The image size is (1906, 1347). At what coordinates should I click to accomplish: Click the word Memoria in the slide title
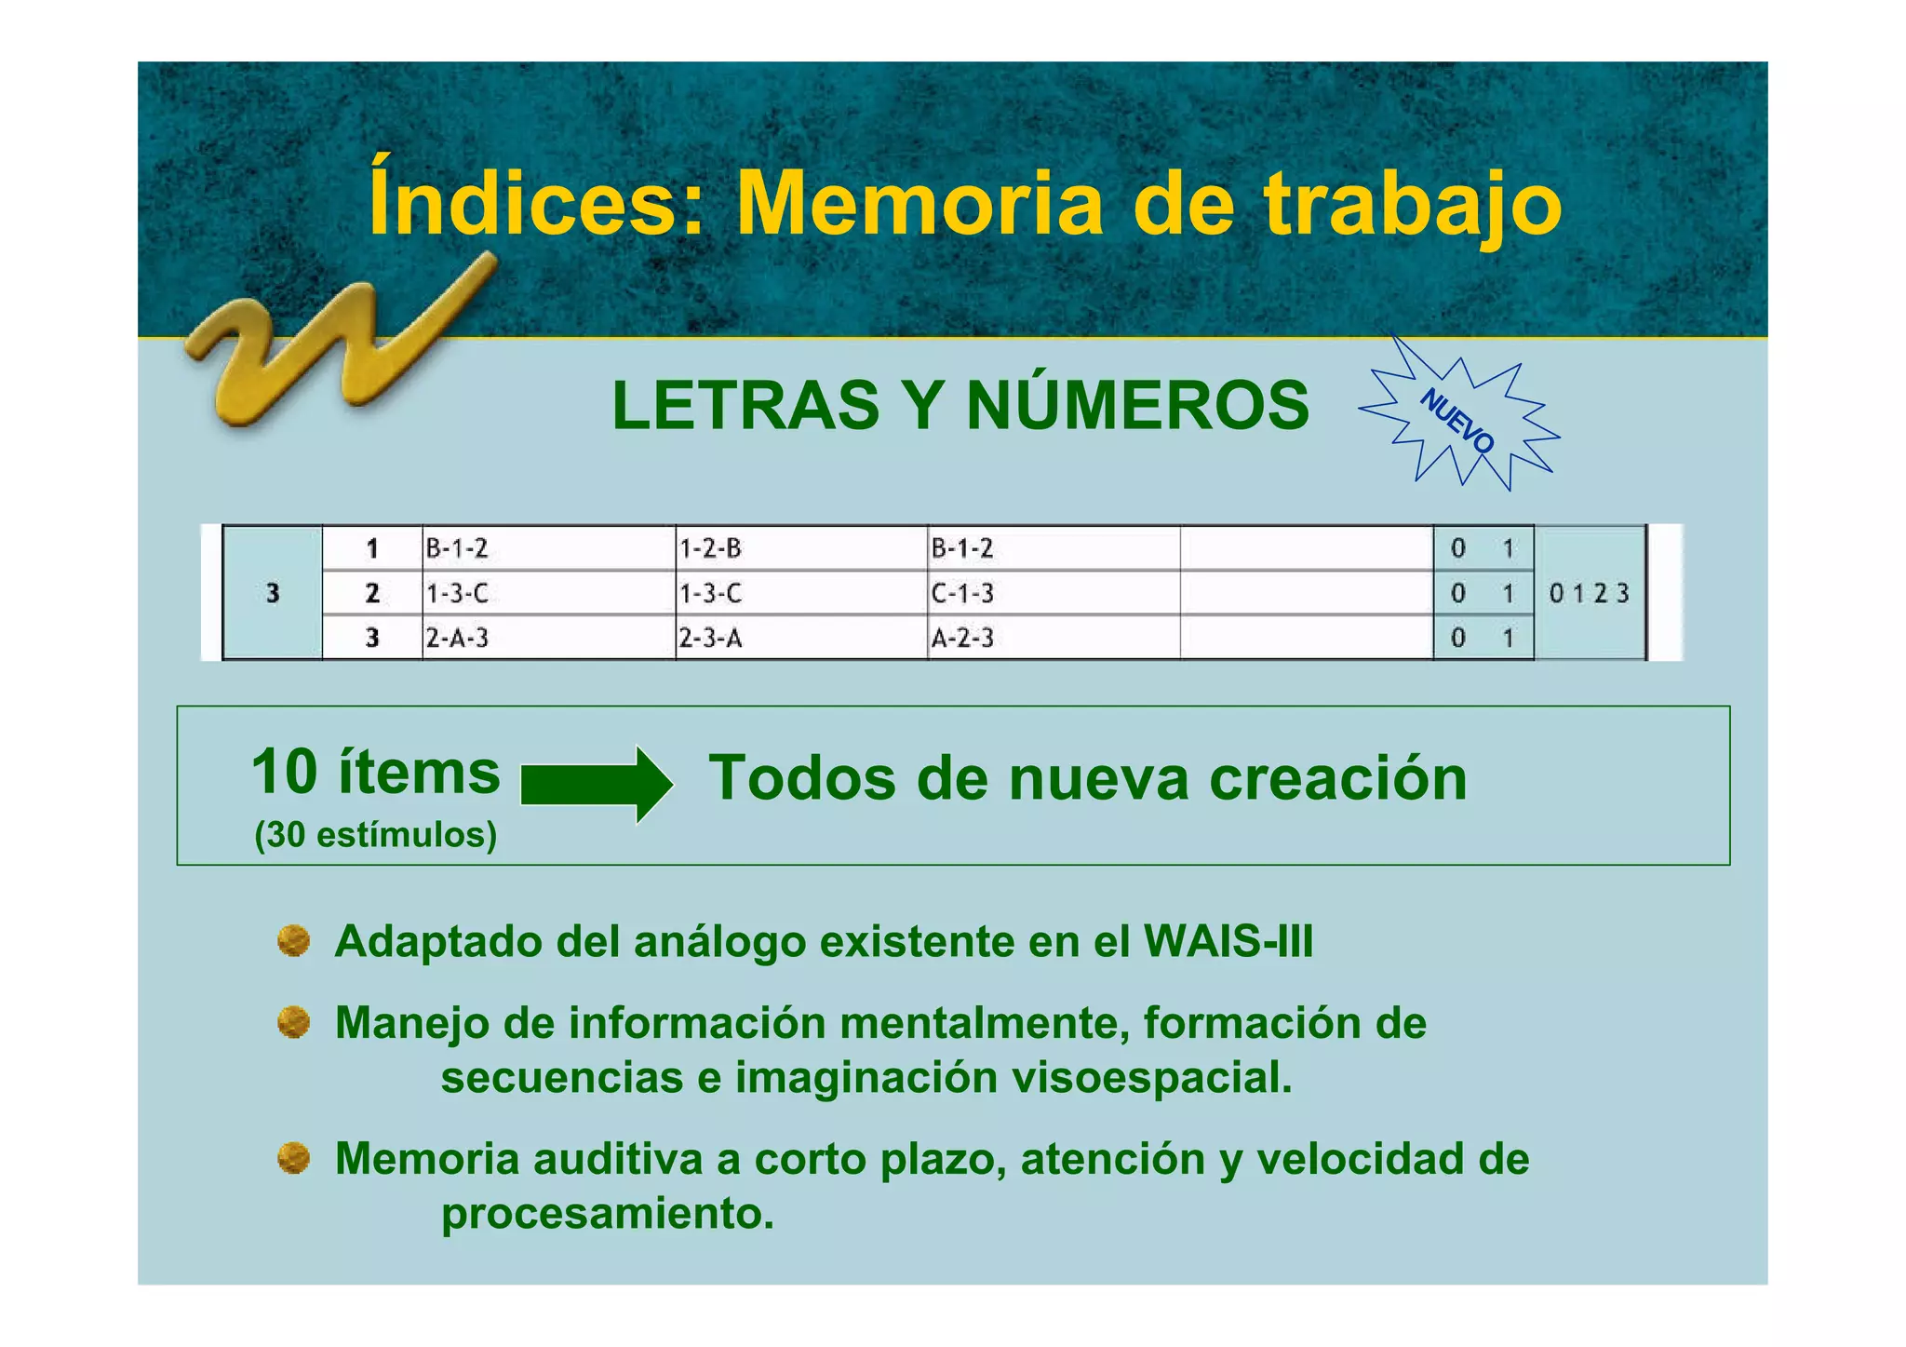pyautogui.click(x=919, y=204)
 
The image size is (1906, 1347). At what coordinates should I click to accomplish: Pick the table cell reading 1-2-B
pyautogui.click(x=710, y=548)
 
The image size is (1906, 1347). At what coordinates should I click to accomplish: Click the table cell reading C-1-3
pyautogui.click(x=962, y=593)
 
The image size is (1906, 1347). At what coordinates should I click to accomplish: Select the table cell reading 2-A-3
pyautogui.click(x=457, y=639)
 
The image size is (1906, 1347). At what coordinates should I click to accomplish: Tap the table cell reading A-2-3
pyautogui.click(x=962, y=639)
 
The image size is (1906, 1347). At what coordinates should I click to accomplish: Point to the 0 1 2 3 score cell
pyautogui.click(x=1589, y=593)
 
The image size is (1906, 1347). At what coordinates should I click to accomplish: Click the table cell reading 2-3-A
pyautogui.click(x=710, y=639)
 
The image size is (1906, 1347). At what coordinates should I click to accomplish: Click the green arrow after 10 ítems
pyautogui.click(x=597, y=784)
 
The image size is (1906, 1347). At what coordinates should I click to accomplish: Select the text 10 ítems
pyautogui.click(x=375, y=772)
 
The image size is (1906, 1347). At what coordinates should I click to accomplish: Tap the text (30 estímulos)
pyautogui.click(x=375, y=835)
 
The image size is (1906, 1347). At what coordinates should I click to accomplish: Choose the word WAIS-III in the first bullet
pyautogui.click(x=1228, y=941)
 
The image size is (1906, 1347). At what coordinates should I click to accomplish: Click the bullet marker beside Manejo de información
pyautogui.click(x=294, y=1023)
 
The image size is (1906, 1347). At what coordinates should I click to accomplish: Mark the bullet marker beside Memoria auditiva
pyautogui.click(x=294, y=1159)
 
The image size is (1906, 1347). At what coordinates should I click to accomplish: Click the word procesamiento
pyautogui.click(x=607, y=1214)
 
